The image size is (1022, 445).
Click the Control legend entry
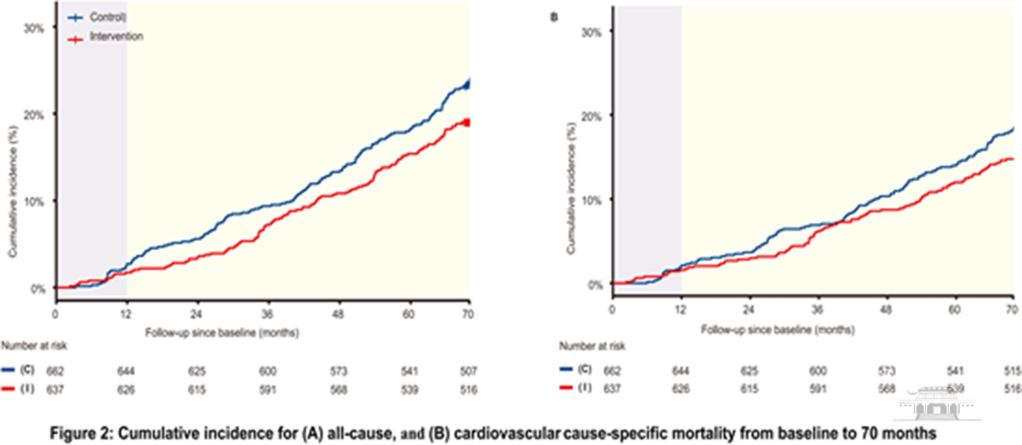point(107,17)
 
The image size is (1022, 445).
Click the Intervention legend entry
point(116,37)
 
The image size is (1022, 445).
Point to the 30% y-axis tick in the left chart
point(34,28)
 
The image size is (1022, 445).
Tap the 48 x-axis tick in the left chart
point(338,314)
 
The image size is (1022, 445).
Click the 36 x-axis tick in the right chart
point(817,310)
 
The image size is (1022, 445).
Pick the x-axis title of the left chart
point(222,332)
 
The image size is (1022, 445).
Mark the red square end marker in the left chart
point(466,123)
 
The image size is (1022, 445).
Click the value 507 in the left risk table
point(468,371)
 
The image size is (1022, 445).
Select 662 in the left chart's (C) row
point(55,371)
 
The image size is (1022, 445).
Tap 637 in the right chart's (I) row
point(612,389)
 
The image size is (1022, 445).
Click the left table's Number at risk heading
point(34,346)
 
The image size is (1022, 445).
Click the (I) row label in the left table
point(27,389)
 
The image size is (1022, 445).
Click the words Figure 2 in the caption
point(81,433)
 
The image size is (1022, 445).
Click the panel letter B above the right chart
point(554,18)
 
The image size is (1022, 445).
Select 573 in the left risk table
point(339,371)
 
